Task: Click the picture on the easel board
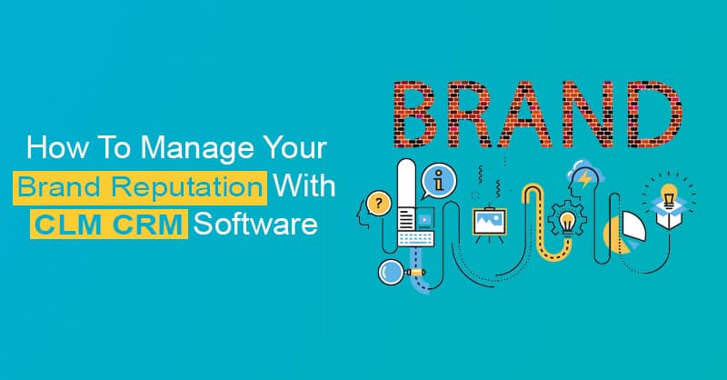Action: coord(489,219)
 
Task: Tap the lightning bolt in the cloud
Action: coord(586,178)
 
